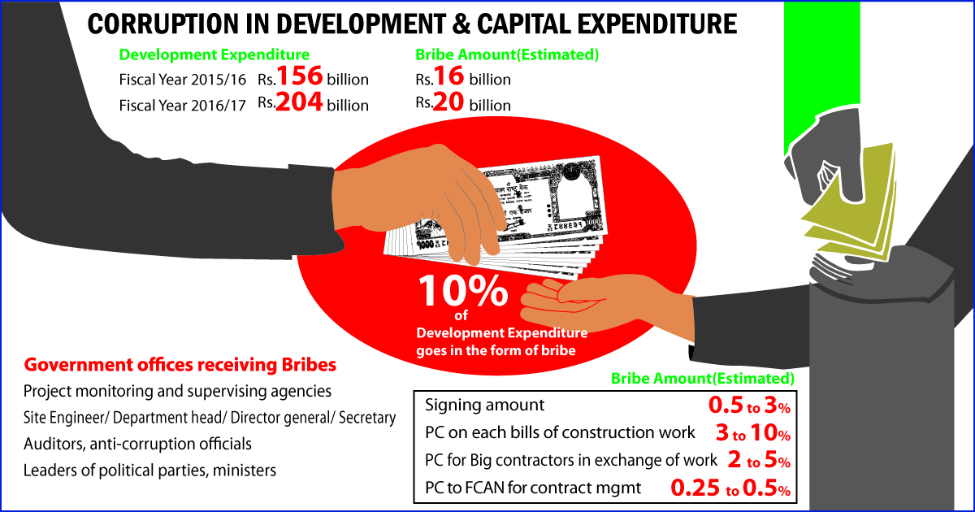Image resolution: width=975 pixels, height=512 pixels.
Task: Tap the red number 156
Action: pos(301,78)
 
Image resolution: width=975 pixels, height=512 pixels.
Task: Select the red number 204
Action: pos(301,103)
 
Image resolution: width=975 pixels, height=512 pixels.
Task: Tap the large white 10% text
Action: pos(464,292)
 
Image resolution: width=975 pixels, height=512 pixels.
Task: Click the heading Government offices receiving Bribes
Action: pos(180,363)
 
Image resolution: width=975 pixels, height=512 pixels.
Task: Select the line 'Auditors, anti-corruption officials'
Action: pos(137,444)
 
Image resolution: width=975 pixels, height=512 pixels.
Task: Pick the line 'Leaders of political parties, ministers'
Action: pos(149,470)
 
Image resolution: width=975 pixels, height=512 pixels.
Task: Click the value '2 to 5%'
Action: pos(758,461)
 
